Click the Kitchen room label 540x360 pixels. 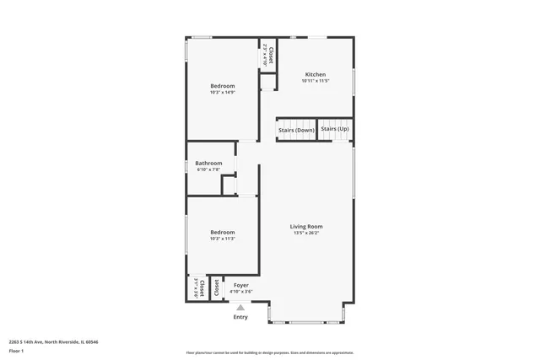[315, 74]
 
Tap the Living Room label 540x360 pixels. [306, 226]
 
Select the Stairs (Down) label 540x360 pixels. [296, 129]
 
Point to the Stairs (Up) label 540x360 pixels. [335, 129]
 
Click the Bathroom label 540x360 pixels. [208, 163]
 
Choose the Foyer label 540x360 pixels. [240, 285]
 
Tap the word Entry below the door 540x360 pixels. [240, 316]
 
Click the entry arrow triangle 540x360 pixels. [240, 307]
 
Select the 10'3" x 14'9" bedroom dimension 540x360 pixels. [222, 93]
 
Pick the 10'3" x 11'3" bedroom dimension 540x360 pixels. [222, 239]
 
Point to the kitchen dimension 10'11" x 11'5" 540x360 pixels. [315, 81]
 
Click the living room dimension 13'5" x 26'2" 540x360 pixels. [306, 233]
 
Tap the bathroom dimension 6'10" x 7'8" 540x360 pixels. [208, 169]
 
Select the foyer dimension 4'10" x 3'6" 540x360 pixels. [240, 292]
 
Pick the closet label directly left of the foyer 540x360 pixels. [216, 287]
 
